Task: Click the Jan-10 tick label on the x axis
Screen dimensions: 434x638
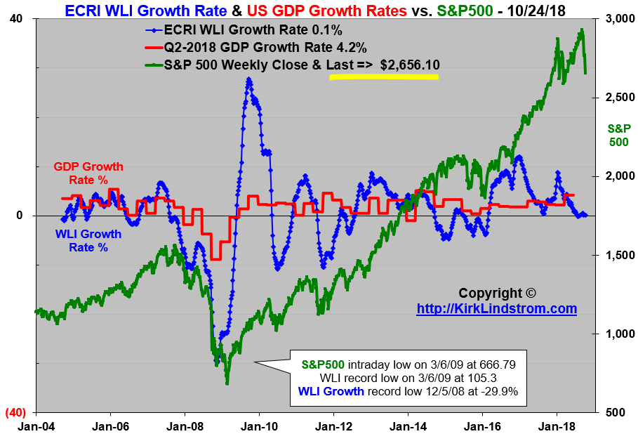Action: pos(259,426)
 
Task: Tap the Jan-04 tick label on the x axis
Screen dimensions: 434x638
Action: pos(34,426)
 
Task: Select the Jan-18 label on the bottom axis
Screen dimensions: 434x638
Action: pos(557,426)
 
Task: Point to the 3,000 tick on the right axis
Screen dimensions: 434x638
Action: pos(616,19)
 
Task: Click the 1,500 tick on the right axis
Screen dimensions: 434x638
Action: pos(616,255)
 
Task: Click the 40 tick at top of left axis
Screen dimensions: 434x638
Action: pos(15,19)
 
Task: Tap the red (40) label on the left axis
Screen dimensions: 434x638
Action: pos(14,412)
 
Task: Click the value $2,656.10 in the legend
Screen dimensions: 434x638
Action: pos(410,65)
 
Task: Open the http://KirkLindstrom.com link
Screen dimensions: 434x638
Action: pos(496,309)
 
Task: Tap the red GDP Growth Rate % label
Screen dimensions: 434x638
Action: pos(88,173)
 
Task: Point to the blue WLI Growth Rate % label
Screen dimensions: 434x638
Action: pos(88,240)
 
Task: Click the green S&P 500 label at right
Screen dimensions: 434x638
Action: pos(618,135)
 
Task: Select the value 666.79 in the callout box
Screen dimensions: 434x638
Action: pos(496,364)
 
